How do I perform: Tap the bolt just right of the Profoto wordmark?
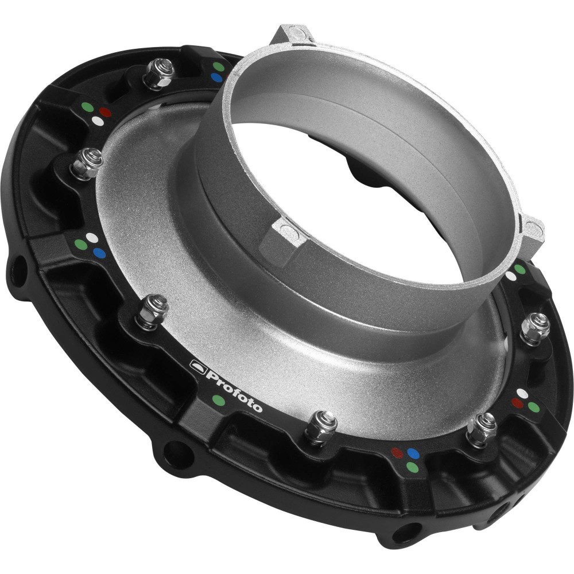pos(317,426)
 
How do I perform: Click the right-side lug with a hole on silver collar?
pos(533,232)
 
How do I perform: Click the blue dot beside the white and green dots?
pos(100,251)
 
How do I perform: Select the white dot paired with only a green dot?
pos(510,276)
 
